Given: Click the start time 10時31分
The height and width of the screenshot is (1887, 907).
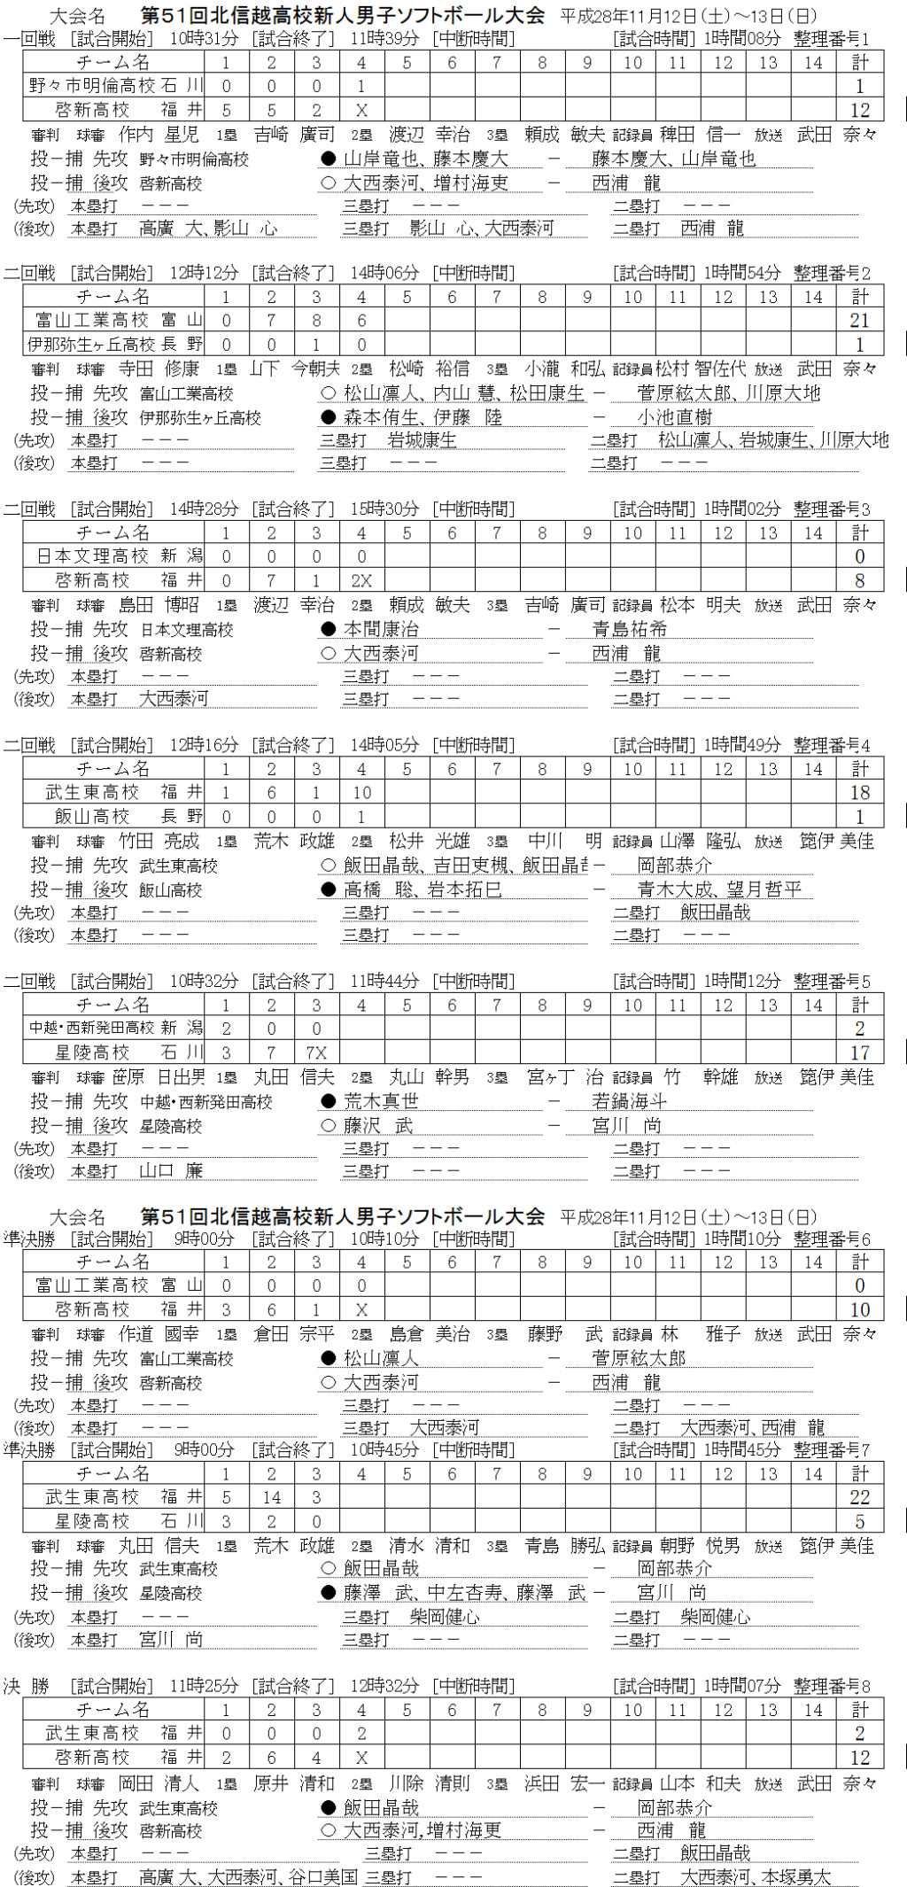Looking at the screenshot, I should click(x=205, y=39).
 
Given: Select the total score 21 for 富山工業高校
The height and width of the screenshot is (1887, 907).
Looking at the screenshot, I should click(x=859, y=321).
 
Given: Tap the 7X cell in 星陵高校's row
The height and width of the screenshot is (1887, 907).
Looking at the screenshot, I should click(x=316, y=1052).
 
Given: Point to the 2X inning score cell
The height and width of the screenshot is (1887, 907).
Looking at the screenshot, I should click(x=361, y=581).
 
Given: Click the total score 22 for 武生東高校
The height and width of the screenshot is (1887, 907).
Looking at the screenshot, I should click(x=859, y=1497).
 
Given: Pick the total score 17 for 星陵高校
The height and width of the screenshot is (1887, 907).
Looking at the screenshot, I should click(x=859, y=1052).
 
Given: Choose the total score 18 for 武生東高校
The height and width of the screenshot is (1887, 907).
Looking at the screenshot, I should click(x=859, y=793).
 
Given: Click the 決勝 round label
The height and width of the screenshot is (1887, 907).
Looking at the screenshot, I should click(x=27, y=1686).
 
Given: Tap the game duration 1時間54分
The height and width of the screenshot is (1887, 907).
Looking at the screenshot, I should click(x=743, y=273).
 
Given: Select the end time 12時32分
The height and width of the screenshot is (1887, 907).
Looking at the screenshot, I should click(x=385, y=1686).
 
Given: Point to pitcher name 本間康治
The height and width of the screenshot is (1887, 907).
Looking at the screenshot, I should click(x=382, y=629).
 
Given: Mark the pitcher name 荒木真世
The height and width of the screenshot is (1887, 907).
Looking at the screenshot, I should click(x=382, y=1101).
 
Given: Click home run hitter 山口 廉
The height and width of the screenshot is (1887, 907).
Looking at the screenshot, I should click(x=171, y=1170).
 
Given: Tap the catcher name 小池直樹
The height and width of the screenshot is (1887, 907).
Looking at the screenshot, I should click(x=675, y=417).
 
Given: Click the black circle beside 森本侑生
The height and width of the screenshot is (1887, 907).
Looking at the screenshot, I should click(x=329, y=417).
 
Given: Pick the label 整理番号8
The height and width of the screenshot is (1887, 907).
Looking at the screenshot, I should click(x=832, y=1686).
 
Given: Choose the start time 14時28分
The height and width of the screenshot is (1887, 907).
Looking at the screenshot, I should click(x=205, y=509).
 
